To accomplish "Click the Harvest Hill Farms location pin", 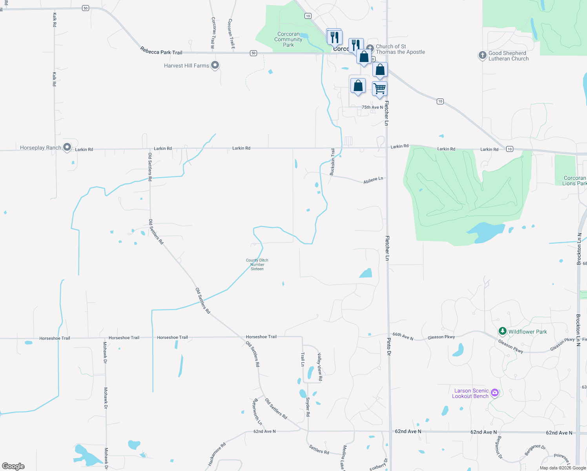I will tap(215, 65).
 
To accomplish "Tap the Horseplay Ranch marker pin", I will tap(67, 147).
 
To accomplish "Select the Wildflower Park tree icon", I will tap(502, 331).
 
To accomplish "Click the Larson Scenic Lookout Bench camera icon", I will tap(495, 392).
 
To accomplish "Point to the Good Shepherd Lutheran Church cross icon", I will tap(482, 55).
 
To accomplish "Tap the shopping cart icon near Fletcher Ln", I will tap(379, 88).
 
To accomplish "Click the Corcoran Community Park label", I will tap(288, 40).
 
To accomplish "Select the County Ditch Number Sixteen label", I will tap(257, 265).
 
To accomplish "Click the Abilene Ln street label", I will tap(373, 180).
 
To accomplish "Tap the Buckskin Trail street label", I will tap(332, 162).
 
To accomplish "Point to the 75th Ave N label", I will tap(372, 107).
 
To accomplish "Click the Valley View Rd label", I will tap(320, 367).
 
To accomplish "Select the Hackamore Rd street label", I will tap(217, 455).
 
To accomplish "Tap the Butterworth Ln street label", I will tap(257, 412).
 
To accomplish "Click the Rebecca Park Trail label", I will tap(161, 51).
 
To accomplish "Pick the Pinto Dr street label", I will tap(389, 346).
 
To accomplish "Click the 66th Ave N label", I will tap(403, 336).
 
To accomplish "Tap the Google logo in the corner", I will tap(13, 466).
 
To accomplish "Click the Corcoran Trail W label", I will tap(213, 33).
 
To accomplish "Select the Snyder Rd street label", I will tap(308, 407).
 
